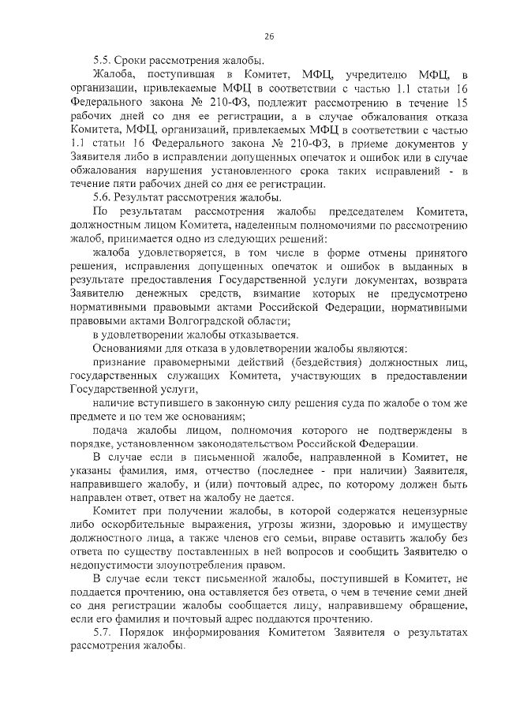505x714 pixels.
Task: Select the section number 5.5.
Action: click(x=102, y=61)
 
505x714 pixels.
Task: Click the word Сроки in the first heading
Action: click(x=132, y=61)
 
